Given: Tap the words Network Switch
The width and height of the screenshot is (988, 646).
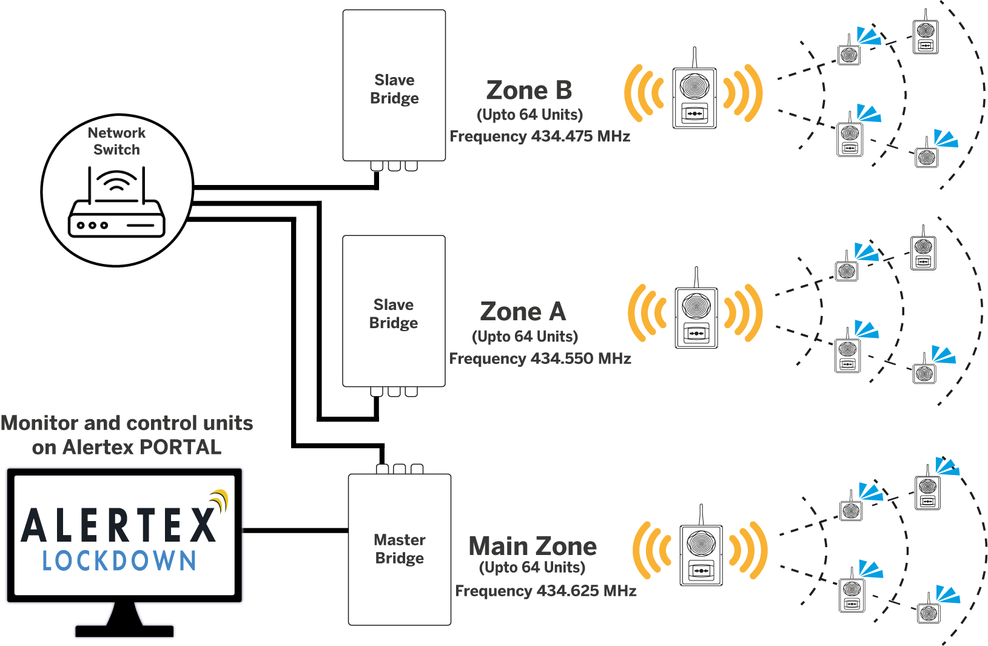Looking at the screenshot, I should (x=116, y=141).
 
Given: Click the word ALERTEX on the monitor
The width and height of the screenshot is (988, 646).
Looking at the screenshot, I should (x=119, y=525).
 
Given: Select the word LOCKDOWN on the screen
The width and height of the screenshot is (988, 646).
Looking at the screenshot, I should (x=119, y=561).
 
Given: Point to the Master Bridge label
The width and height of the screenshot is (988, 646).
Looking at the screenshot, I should (x=399, y=548).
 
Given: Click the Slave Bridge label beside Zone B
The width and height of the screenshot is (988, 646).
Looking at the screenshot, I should (x=394, y=89).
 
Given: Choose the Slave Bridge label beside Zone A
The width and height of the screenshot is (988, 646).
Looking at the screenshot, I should (x=393, y=313).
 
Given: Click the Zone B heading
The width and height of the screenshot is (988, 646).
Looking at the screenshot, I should (x=529, y=90).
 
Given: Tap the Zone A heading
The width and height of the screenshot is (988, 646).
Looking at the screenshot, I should (x=523, y=312).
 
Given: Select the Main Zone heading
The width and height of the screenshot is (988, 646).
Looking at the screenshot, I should (x=533, y=546).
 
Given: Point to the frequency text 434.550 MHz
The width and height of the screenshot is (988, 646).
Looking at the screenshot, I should (x=580, y=358).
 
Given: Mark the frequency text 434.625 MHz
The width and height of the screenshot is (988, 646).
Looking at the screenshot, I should (x=586, y=591).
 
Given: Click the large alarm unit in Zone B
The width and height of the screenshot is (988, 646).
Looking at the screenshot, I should (x=694, y=97).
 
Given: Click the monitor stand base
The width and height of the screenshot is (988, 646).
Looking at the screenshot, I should (x=124, y=631).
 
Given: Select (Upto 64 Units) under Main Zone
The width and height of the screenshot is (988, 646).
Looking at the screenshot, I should (x=532, y=568).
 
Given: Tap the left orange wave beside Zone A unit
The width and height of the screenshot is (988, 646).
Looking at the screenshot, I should (x=646, y=313).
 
